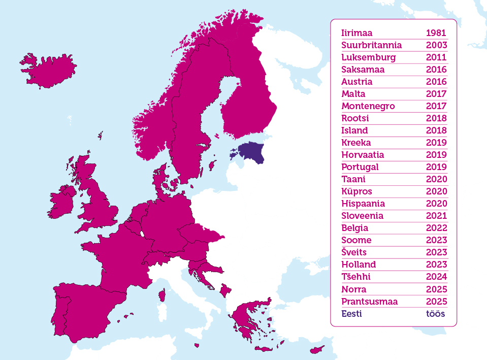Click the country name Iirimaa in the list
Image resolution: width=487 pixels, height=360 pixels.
click(356, 33)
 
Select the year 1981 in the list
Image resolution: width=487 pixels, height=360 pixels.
click(436, 33)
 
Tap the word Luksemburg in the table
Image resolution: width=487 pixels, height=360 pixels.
click(368, 57)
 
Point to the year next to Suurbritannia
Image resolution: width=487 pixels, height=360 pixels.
click(436, 45)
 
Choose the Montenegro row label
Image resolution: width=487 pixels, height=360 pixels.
click(368, 106)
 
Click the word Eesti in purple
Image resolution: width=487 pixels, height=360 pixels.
click(351, 314)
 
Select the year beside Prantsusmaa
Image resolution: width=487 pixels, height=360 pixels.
click(436, 302)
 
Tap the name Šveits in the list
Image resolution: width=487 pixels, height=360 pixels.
click(354, 252)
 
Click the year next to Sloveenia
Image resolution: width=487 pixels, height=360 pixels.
click(436, 216)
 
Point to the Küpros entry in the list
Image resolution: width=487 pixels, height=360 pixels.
click(356, 191)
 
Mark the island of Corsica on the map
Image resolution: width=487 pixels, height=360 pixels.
click(163, 294)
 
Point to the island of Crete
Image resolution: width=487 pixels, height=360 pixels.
click(264, 349)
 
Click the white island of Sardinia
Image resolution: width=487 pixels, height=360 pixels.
click(161, 318)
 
